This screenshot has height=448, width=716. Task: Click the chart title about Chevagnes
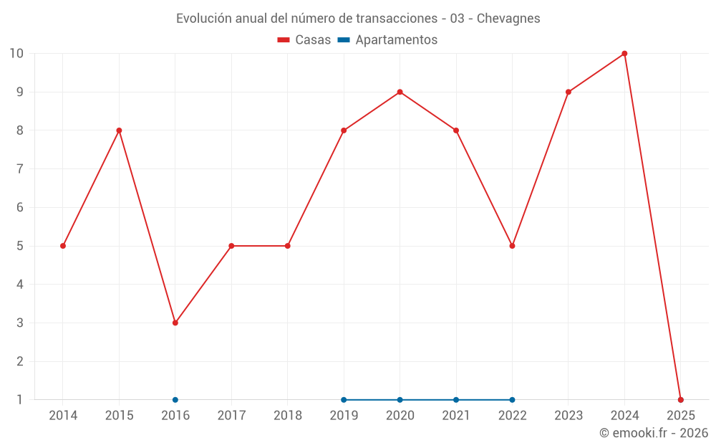point(358,18)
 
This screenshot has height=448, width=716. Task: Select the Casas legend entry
point(304,40)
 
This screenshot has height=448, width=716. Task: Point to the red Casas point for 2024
point(624,54)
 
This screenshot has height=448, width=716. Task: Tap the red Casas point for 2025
point(681,400)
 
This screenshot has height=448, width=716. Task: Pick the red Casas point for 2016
point(175,323)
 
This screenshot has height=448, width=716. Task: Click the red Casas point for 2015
point(119,130)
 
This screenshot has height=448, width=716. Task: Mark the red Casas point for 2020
point(400,92)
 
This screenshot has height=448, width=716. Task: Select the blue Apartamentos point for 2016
point(175,400)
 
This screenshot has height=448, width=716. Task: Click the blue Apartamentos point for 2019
point(344,400)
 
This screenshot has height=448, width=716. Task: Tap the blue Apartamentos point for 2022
point(512,400)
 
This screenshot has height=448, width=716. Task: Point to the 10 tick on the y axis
point(16,54)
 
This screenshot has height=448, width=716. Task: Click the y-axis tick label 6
point(20,208)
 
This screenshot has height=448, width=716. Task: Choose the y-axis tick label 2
point(20,361)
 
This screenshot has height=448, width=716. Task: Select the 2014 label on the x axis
point(63,416)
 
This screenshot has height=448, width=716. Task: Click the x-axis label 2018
point(288,416)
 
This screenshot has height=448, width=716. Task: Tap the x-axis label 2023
point(569,416)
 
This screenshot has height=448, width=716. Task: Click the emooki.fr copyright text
point(654,433)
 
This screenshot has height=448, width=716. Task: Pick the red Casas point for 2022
point(512,246)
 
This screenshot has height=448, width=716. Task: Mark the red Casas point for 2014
point(63,246)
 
